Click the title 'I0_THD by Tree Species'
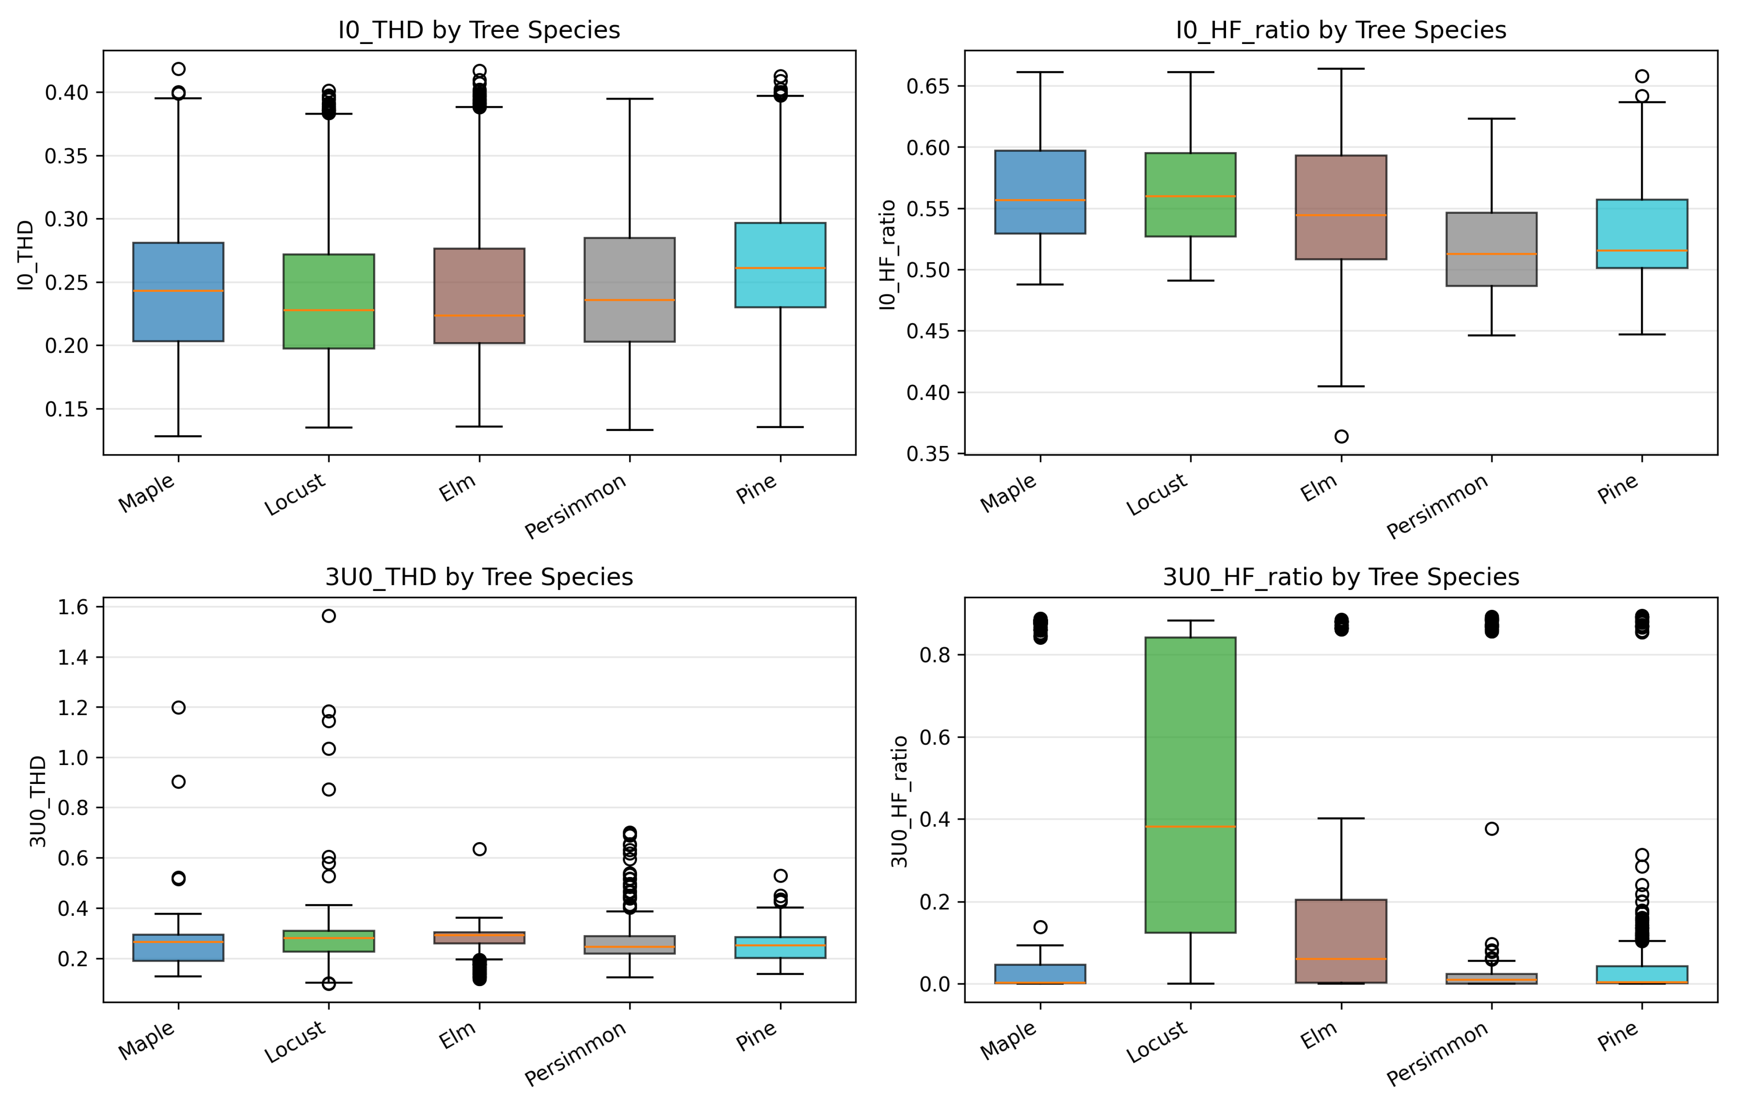pos(479,30)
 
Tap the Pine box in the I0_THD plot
pos(780,265)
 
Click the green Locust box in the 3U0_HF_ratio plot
pos(1190,784)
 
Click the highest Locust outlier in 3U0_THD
pos(328,615)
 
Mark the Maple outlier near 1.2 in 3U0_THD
pos(178,707)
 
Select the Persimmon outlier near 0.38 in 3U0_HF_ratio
pos(1492,828)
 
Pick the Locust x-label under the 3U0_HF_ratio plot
pos(1157,1041)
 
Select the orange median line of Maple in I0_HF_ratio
pos(1040,200)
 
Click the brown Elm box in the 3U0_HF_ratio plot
pos(1341,941)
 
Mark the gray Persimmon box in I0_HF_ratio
pos(1492,249)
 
